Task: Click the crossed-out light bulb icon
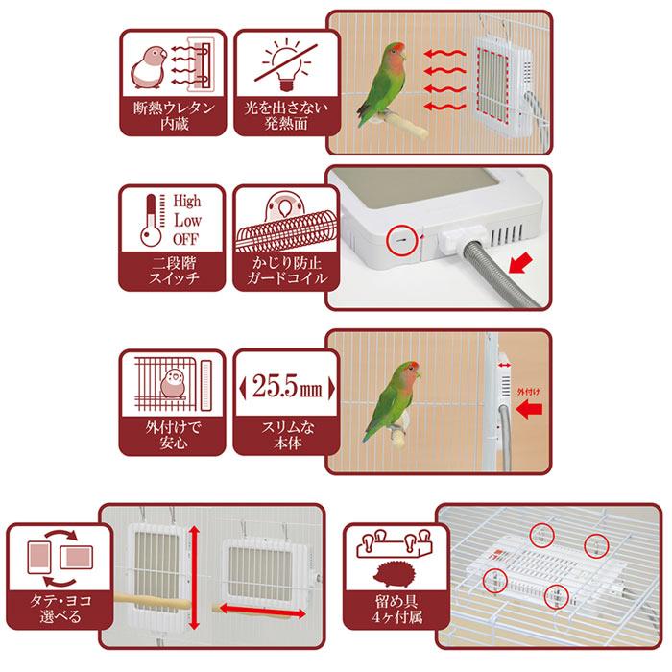[285, 64]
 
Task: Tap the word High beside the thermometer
[187, 201]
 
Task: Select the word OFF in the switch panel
[185, 239]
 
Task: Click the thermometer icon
[152, 220]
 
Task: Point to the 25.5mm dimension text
[287, 387]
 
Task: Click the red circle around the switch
[401, 240]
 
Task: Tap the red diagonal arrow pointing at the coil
[520, 263]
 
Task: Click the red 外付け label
[528, 392]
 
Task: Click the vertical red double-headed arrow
[194, 578]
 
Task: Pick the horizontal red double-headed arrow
[262, 612]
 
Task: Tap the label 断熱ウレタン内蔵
[174, 116]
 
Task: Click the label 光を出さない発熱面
[286, 115]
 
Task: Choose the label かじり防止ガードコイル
[287, 271]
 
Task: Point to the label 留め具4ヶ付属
[396, 609]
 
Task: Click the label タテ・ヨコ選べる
[60, 608]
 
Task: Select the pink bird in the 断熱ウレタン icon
[148, 67]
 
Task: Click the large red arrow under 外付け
[529, 410]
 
